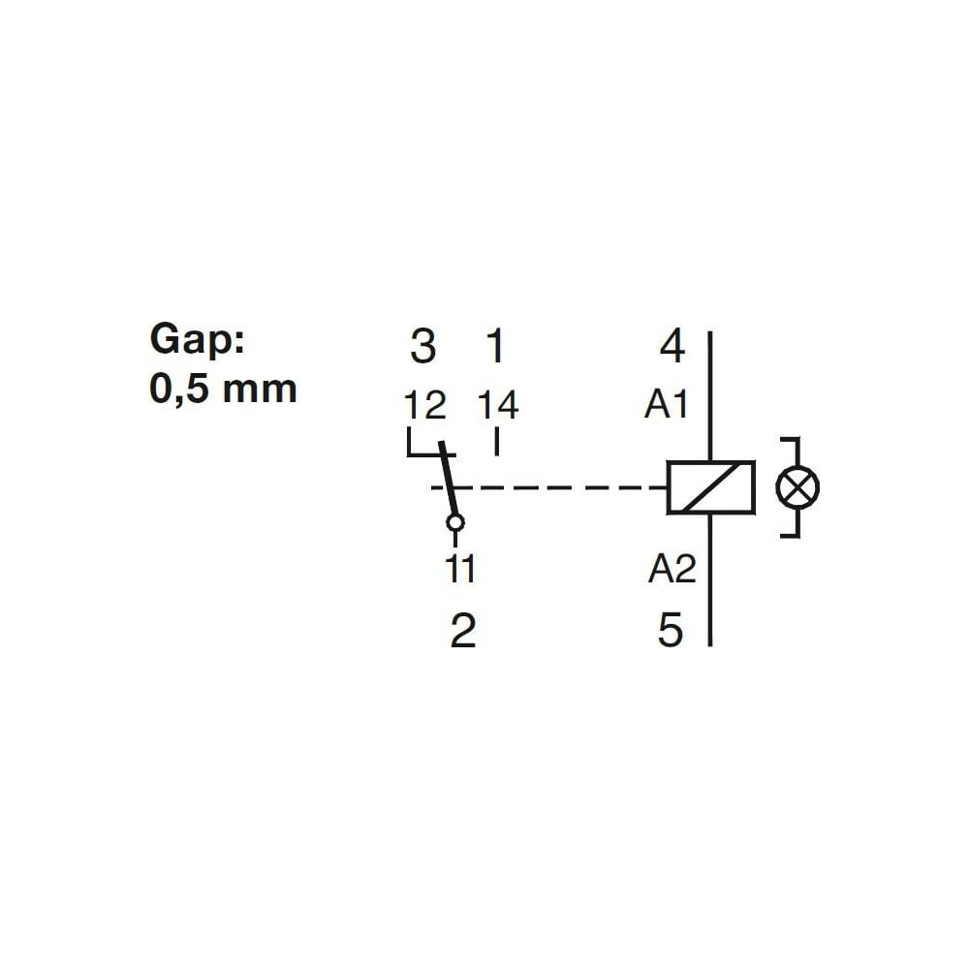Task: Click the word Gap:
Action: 197,340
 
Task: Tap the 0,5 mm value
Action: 223,389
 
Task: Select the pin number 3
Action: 423,346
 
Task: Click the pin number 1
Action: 496,346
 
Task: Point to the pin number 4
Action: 672,346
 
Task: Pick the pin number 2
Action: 463,631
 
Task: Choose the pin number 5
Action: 671,631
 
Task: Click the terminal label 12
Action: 425,405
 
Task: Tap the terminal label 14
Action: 498,405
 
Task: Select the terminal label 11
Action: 461,569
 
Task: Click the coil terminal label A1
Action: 667,405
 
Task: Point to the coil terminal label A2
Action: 672,569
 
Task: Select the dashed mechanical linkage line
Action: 548,487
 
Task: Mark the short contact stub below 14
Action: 497,443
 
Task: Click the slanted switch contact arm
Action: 449,479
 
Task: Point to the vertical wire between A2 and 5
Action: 710,580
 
